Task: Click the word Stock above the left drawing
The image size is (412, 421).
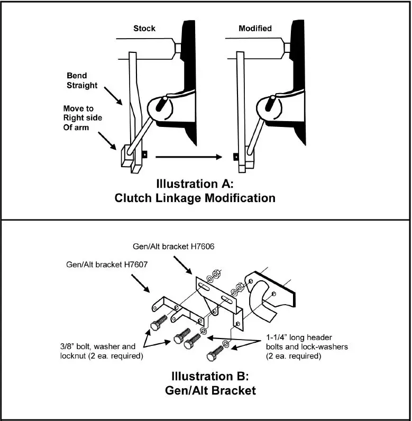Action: point(144,28)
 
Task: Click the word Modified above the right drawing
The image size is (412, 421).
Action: point(255,28)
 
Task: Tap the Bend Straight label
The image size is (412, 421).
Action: point(82,80)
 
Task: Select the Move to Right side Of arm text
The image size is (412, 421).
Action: point(81,117)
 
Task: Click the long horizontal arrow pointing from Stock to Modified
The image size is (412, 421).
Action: point(191,157)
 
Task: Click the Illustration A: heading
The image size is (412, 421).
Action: point(195,185)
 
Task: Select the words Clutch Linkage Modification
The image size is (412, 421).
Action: point(195,198)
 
